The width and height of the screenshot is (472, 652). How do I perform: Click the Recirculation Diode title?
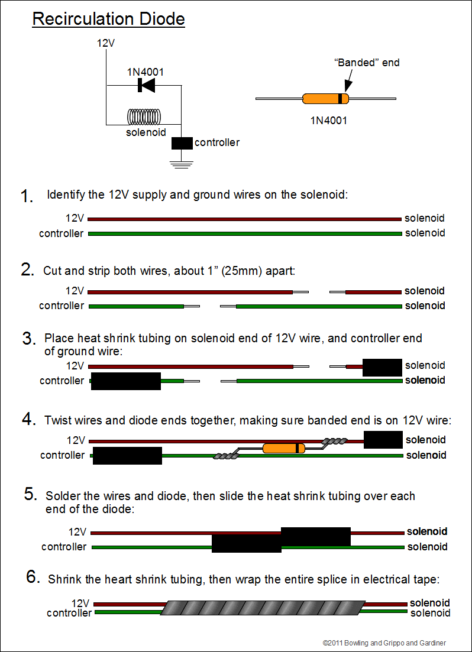[x=108, y=19]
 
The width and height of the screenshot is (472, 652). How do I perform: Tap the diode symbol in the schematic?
[x=146, y=86]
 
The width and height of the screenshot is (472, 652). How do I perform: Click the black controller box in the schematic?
[x=182, y=143]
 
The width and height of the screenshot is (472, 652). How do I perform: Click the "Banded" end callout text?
[x=367, y=62]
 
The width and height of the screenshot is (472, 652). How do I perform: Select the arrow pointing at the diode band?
[x=345, y=80]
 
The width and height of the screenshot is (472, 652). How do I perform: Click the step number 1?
[x=27, y=197]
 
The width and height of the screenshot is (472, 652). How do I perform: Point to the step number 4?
[x=29, y=420]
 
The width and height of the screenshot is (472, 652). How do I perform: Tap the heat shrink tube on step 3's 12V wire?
[x=382, y=367]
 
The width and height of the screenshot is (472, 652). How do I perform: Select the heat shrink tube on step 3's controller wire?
[x=126, y=381]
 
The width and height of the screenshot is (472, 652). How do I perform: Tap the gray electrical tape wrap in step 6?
[x=261, y=608]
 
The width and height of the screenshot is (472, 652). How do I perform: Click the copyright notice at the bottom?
[x=384, y=643]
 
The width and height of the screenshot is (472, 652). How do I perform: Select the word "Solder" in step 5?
[x=63, y=496]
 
